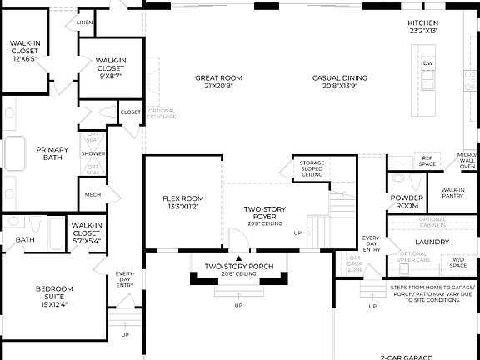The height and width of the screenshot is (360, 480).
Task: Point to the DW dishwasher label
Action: click(x=427, y=63)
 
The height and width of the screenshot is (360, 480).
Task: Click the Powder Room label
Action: click(x=407, y=202)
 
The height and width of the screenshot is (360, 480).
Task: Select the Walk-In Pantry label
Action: click(x=452, y=192)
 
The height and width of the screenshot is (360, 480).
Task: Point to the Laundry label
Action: click(x=432, y=242)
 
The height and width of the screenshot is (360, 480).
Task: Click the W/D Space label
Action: click(x=458, y=261)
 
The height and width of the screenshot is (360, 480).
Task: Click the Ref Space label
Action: click(x=427, y=159)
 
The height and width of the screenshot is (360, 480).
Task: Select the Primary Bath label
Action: click(x=52, y=153)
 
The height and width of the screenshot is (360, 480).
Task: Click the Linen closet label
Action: click(x=84, y=22)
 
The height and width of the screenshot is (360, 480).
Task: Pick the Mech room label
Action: click(x=92, y=195)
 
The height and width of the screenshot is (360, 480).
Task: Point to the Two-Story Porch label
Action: click(x=239, y=270)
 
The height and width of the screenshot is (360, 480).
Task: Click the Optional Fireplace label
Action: click(x=162, y=114)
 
